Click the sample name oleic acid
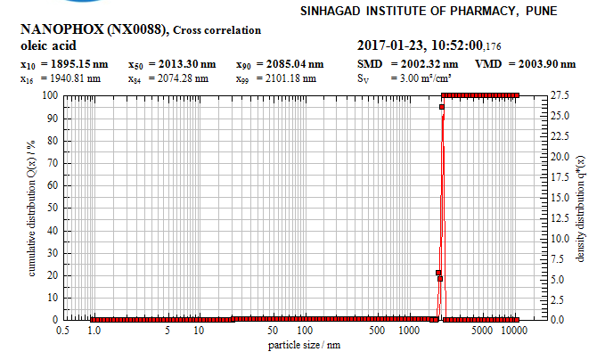coord(48,45)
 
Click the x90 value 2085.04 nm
coord(290,64)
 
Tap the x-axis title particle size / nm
coord(304,344)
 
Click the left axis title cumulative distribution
coord(30,208)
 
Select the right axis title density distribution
coord(580,208)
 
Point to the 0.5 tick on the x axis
coord(62,331)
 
